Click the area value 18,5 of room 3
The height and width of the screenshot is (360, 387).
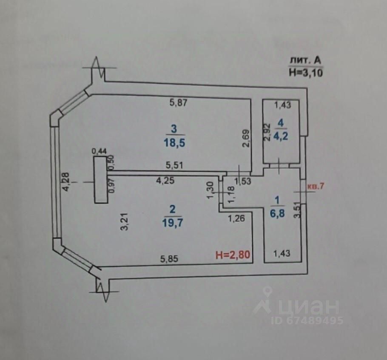tap(172, 142)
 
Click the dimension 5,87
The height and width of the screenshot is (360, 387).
tap(179, 102)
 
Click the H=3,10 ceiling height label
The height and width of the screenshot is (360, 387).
tap(306, 72)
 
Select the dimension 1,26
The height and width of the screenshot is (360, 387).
tap(237, 219)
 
